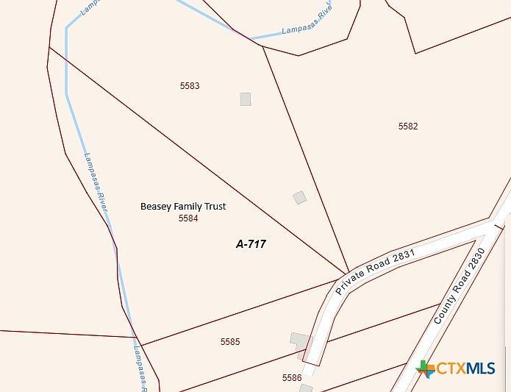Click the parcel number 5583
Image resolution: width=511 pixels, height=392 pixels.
coord(190,86)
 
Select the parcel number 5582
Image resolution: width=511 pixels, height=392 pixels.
coord(408,126)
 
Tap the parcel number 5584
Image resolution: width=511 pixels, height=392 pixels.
coord(188,218)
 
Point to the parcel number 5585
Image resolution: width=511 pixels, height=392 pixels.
coord(230,342)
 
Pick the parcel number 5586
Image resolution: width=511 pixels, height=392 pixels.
coord(292,378)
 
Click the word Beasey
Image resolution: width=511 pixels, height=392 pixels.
coord(156,207)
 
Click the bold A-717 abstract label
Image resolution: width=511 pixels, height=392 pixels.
coord(251,244)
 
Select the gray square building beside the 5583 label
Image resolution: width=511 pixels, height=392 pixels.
coord(245,99)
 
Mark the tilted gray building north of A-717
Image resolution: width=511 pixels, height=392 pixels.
coord(299,197)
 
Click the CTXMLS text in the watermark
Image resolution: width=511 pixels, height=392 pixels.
coord(467,368)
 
